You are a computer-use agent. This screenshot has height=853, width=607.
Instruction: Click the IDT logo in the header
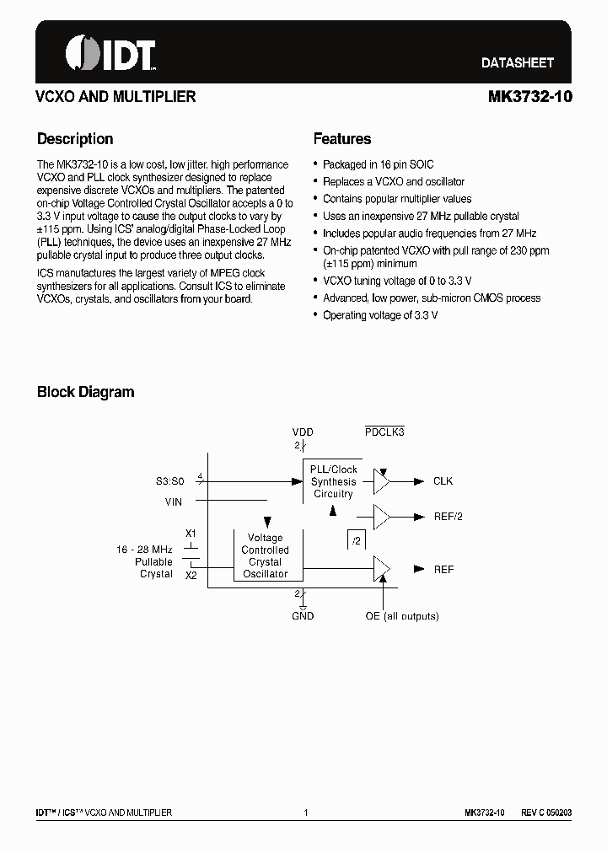[110, 53]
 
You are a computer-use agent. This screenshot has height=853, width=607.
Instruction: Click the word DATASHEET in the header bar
[517, 62]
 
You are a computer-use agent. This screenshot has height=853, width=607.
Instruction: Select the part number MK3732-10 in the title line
[529, 97]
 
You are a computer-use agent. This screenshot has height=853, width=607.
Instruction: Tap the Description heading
[75, 139]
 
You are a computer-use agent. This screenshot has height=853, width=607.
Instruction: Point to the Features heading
[342, 139]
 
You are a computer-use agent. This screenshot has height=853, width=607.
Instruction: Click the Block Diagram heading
[85, 392]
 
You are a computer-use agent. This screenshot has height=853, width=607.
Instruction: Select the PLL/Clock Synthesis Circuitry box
[333, 481]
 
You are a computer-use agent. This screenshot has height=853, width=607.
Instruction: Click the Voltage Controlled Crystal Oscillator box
[265, 555]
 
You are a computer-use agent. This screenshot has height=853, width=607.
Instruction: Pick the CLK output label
[443, 481]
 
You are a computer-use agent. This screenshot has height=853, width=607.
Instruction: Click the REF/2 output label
[448, 517]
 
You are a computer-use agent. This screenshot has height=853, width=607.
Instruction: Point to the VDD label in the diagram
[302, 432]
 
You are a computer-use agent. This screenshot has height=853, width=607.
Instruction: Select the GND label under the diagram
[303, 616]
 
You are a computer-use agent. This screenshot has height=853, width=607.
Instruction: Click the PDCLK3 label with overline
[384, 432]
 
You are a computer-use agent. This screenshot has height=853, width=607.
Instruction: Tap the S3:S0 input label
[169, 481]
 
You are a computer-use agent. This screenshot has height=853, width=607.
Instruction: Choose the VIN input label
[174, 502]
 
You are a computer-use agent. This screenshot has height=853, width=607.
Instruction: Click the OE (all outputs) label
[401, 616]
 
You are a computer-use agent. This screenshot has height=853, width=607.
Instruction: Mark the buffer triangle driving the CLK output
[382, 481]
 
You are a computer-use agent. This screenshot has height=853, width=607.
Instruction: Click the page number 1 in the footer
[305, 813]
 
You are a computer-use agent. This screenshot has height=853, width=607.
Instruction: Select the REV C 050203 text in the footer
[546, 813]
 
